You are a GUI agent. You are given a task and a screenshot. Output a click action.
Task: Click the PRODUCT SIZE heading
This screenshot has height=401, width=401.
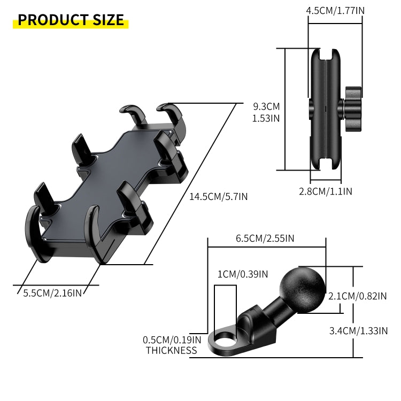pos(71,20)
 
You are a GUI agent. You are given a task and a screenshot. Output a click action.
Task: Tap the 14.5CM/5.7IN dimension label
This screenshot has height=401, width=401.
pos(218,196)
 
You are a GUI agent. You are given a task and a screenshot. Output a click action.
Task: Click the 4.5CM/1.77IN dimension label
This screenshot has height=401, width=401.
pos(335,10)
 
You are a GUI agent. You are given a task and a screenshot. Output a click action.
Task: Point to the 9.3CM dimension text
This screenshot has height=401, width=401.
pos(266,106)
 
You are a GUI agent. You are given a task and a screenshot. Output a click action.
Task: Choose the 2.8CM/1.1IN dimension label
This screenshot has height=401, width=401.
pos(325,191)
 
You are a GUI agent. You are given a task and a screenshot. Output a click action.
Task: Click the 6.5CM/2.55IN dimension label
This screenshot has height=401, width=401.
pos(265,239)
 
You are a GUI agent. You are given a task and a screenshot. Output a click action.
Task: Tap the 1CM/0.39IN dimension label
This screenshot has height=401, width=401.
pos(242,274)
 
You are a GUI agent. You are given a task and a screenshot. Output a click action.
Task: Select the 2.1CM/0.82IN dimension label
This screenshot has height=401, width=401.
pos(357,296)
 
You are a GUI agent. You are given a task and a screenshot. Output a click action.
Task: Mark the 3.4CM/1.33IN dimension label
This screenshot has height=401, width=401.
pos(358,330)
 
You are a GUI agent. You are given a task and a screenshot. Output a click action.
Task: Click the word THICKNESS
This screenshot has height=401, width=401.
pos(171,351)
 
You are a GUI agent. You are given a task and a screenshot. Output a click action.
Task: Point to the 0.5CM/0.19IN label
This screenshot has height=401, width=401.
pos(172,340)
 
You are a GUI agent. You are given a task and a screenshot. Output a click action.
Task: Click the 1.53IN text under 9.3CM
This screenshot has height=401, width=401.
pos(266,118)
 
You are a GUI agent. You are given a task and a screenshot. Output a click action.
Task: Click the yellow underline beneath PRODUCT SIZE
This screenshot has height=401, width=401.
pos(71,26)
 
